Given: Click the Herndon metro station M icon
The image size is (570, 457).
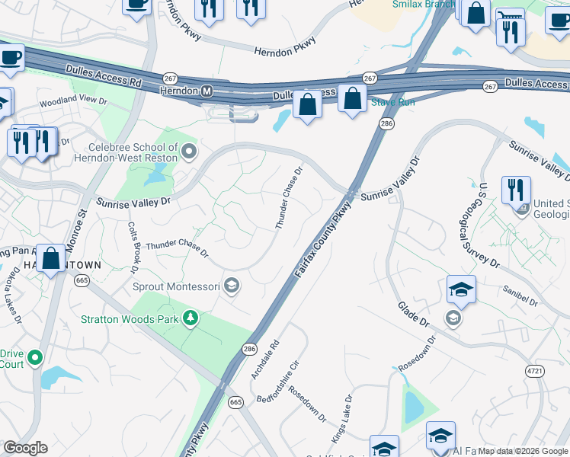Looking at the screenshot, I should pos(207,91).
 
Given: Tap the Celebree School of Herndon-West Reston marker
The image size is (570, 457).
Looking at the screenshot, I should pos(189,151).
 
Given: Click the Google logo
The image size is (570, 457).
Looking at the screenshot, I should pos(25,448).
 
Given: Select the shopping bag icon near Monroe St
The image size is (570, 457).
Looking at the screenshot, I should pos(51,257).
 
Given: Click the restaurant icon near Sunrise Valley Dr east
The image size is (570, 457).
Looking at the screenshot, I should pos(516,190).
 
